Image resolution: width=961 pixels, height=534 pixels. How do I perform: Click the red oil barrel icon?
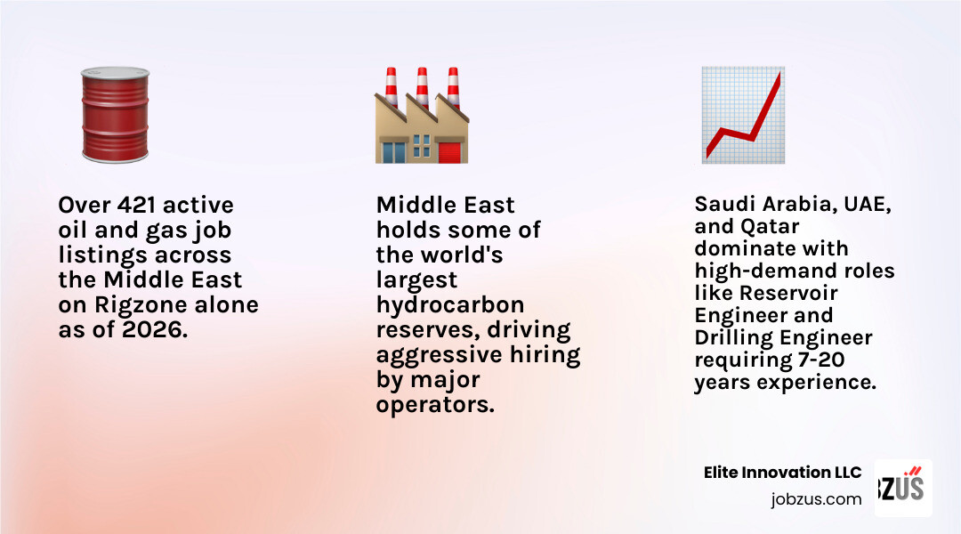(115, 114)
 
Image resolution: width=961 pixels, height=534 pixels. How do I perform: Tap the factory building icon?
(421, 116)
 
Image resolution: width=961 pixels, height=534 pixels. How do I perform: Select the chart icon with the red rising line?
(743, 115)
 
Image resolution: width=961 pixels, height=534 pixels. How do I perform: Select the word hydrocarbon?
(450, 305)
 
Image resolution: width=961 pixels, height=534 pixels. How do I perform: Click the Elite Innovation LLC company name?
(782, 473)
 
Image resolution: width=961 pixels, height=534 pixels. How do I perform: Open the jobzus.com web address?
(816, 499)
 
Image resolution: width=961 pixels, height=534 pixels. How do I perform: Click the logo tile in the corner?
(902, 488)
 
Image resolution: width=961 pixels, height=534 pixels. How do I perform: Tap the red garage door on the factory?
(450, 151)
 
